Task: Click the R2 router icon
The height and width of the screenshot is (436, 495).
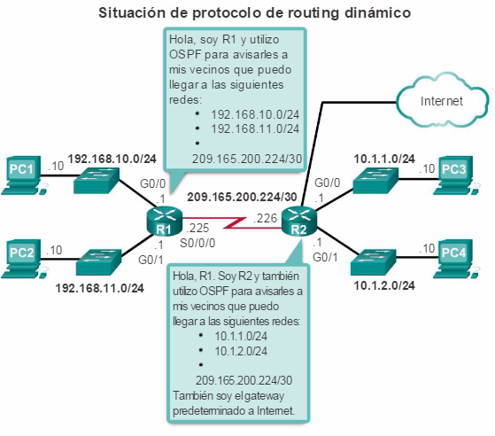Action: tap(298, 222)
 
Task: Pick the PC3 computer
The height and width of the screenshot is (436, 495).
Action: tap(456, 175)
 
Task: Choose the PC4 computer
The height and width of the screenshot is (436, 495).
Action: tap(456, 259)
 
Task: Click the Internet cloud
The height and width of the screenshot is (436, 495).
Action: tap(442, 100)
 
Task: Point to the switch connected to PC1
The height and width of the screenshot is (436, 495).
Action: tap(97, 180)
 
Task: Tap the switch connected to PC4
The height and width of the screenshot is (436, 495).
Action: tap(374, 262)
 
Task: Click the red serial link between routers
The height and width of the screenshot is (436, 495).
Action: tap(232, 222)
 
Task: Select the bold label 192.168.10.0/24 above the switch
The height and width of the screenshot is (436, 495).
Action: tap(112, 159)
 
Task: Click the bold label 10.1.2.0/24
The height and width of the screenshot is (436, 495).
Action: tap(384, 285)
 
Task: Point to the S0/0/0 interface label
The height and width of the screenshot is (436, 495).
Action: tap(197, 243)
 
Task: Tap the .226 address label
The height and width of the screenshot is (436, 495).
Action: tap(265, 218)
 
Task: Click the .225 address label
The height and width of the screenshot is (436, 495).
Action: tap(197, 228)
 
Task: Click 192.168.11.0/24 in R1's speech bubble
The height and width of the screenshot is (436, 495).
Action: tap(255, 128)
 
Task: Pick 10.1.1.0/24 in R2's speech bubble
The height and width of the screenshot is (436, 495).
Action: tap(241, 336)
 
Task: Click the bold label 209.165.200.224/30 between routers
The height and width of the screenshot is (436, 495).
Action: tap(242, 197)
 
